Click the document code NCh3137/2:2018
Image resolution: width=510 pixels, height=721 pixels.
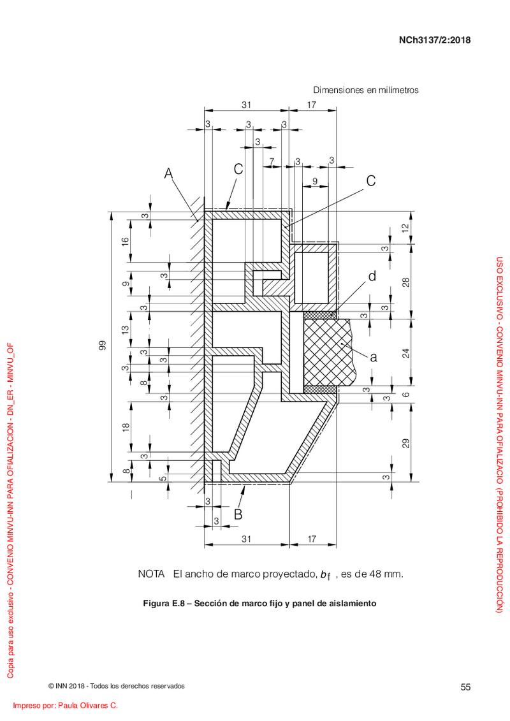coord(435,40)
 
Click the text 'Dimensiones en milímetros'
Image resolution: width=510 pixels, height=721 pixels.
coord(366,90)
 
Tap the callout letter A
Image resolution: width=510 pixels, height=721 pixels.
coord(169,173)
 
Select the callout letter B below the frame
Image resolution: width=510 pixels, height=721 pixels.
coord(238,514)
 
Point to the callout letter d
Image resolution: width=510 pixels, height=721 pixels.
coord(372,276)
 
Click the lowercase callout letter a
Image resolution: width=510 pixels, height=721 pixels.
coord(374,357)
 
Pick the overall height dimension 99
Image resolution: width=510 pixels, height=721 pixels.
coord(102,346)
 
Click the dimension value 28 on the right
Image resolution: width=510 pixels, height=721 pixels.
coord(406,282)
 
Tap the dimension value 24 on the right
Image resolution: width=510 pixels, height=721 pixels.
coord(406,353)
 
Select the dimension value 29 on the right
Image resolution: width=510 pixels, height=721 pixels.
coord(406,444)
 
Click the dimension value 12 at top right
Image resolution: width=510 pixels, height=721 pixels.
coord(405,228)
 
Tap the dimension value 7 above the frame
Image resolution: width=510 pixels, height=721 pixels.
coord(272,161)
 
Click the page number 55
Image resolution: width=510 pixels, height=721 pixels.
coord(465,687)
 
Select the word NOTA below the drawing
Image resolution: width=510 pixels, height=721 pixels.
coord(151,574)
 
